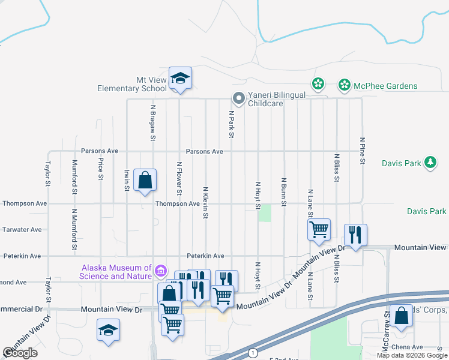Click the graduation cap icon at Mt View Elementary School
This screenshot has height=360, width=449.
coord(180,79)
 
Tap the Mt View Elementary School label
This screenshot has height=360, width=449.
coord(132,84)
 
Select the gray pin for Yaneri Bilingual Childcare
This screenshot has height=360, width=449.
coord(238,98)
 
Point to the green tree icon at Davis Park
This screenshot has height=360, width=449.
coord(430,162)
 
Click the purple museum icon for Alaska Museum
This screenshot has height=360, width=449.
coord(160,271)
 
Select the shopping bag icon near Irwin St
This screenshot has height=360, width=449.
coord(145,180)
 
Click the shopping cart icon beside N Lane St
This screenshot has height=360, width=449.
coord(319,229)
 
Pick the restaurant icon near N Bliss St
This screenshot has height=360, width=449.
coord(355,235)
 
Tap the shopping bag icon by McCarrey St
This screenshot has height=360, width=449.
coord(401,316)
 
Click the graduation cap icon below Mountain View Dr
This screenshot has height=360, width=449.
coord(109,330)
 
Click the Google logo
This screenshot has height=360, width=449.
coord(20,353)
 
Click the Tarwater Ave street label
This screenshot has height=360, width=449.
coord(22,230)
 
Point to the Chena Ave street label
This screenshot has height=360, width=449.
coord(409,347)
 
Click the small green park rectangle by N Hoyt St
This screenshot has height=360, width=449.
coord(265,213)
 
